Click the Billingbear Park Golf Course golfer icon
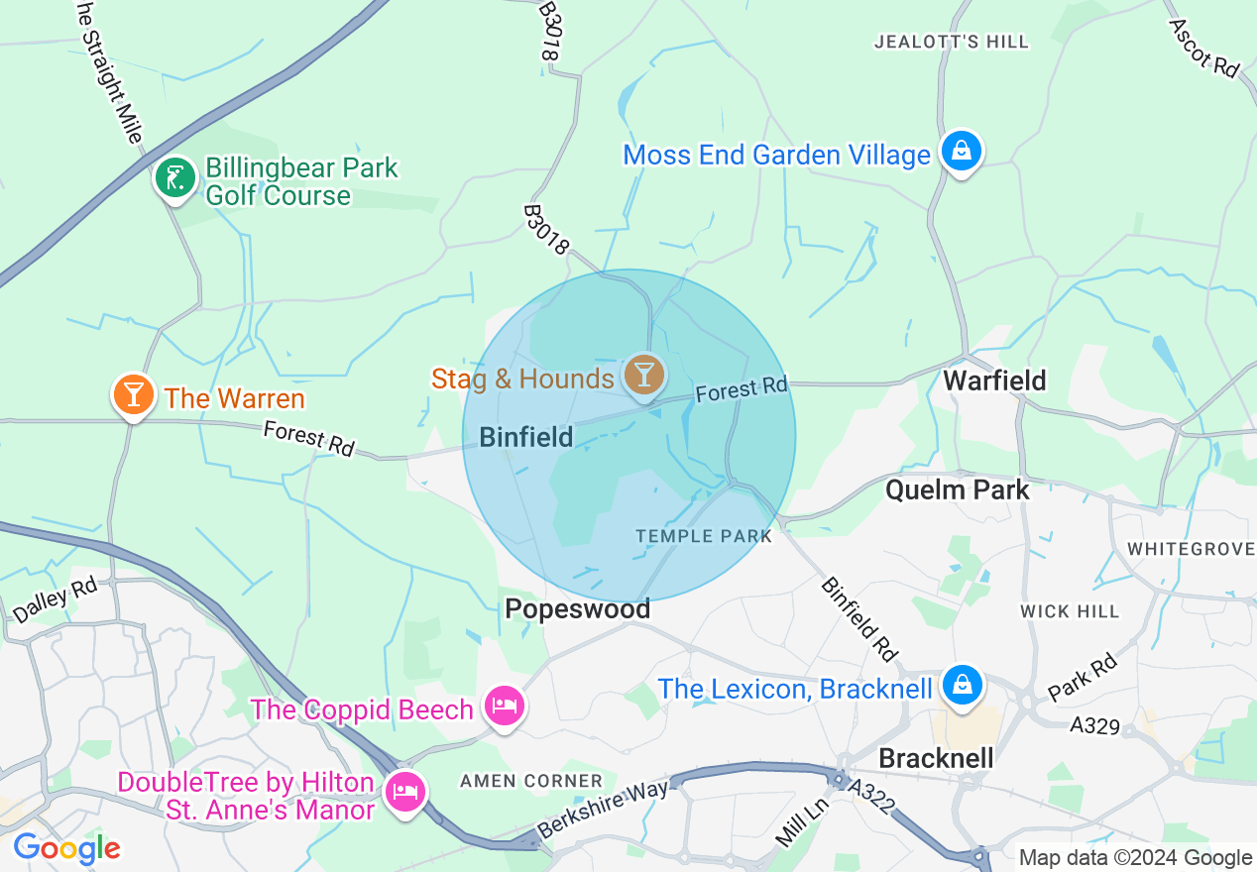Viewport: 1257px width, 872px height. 175,179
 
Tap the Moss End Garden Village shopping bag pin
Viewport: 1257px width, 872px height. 961,152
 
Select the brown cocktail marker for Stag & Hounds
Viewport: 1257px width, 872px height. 644,376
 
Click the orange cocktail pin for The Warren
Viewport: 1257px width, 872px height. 133,394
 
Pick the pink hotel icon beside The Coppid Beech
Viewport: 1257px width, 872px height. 505,707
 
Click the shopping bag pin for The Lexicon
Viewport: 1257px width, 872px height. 961,685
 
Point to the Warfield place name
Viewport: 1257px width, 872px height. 993,381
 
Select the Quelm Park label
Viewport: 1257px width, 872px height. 957,490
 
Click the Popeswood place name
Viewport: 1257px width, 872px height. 577,608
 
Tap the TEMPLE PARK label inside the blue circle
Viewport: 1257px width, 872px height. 703,536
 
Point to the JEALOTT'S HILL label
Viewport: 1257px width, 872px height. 951,42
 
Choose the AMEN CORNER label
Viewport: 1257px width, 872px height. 530,781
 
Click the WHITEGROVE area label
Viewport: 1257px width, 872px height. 1191,548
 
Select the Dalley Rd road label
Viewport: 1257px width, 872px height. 55,600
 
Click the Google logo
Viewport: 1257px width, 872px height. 66,848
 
